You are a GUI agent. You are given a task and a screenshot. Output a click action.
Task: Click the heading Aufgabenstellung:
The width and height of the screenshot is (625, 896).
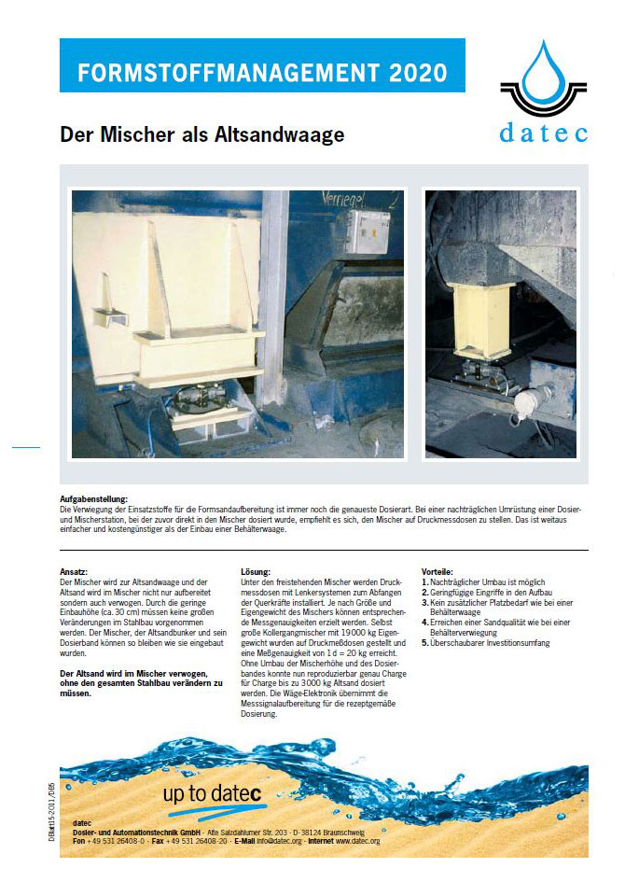coord(94,500)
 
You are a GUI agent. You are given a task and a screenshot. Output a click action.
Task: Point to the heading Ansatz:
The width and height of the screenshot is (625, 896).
coord(74,571)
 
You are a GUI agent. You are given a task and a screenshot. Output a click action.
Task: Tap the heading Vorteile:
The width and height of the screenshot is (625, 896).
coord(437,571)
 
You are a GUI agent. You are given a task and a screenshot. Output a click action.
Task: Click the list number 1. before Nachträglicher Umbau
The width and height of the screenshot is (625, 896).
coord(425,581)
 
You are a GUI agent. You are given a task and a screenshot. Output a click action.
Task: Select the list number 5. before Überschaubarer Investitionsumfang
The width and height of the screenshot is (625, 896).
coord(425,643)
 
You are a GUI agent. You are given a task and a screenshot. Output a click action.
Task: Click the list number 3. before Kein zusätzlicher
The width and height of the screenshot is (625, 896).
coord(425,602)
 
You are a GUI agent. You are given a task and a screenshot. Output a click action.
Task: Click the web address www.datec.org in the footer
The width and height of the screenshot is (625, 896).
coord(355,841)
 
